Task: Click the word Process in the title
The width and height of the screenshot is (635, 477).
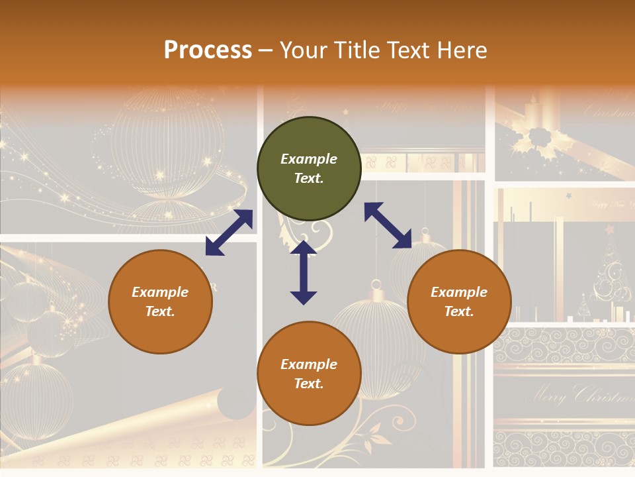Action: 208,50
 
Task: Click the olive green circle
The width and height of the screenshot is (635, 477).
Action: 309,169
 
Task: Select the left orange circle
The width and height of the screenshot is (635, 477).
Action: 160,301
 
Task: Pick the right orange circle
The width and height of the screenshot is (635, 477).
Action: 459,301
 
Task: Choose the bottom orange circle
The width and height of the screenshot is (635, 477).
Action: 309,374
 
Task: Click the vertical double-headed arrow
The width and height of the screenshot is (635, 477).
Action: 304,272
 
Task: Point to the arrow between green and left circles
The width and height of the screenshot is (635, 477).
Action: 229,233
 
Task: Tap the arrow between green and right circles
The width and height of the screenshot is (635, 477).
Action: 388,225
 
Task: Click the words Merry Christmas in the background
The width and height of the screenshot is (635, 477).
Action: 579,396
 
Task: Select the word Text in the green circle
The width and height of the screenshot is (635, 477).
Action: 308,178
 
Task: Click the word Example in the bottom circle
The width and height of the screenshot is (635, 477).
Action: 309,364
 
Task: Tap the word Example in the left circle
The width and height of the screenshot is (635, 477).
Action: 160,292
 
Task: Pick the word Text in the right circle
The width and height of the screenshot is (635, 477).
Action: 458,311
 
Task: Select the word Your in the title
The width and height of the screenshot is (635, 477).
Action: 302,50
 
